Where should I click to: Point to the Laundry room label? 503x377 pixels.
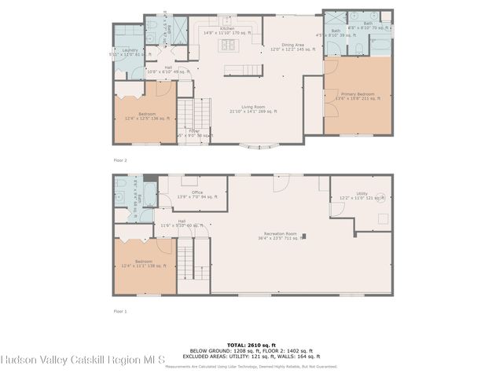(x=129, y=52)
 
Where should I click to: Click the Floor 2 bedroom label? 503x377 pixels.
(x=147, y=116)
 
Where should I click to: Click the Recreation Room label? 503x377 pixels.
(x=280, y=236)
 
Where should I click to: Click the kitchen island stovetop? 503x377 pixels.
(x=231, y=45)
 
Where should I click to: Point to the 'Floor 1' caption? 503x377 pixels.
(x=120, y=310)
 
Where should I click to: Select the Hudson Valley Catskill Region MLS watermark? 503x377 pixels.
(x=83, y=361)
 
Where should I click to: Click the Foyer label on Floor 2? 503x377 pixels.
(x=192, y=132)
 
